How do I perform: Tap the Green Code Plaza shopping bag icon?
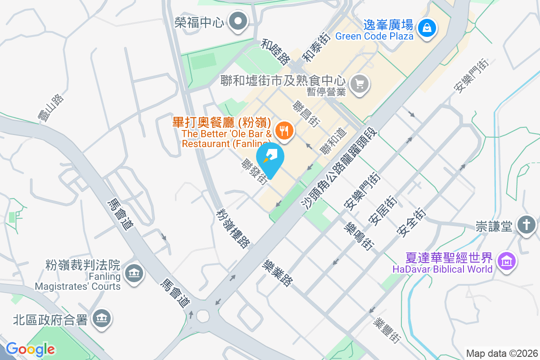click(426, 27)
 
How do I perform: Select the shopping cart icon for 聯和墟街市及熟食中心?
click(359, 84)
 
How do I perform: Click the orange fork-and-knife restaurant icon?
click(283, 131)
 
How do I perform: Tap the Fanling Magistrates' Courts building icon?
click(133, 273)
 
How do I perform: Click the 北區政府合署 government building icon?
click(102, 319)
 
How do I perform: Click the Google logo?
click(31, 349)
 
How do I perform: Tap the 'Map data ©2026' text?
click(502, 353)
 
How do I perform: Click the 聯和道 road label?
click(333, 141)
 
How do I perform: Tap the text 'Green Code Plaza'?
click(374, 36)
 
